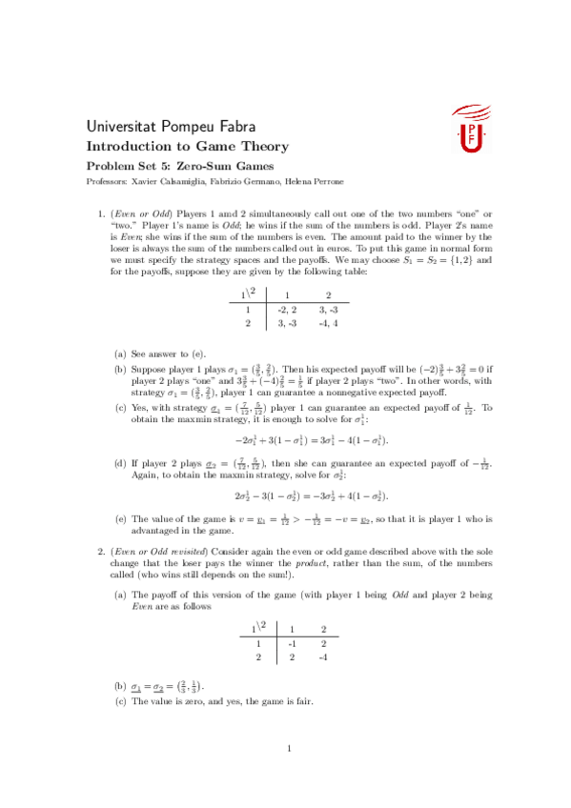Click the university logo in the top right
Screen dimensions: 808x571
[468, 130]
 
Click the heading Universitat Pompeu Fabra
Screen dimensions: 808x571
[170, 127]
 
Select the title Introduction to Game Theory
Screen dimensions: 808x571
[187, 147]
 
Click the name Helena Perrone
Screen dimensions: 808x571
[315, 180]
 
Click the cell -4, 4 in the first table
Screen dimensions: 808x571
[327, 323]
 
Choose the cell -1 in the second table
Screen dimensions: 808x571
[291, 642]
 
